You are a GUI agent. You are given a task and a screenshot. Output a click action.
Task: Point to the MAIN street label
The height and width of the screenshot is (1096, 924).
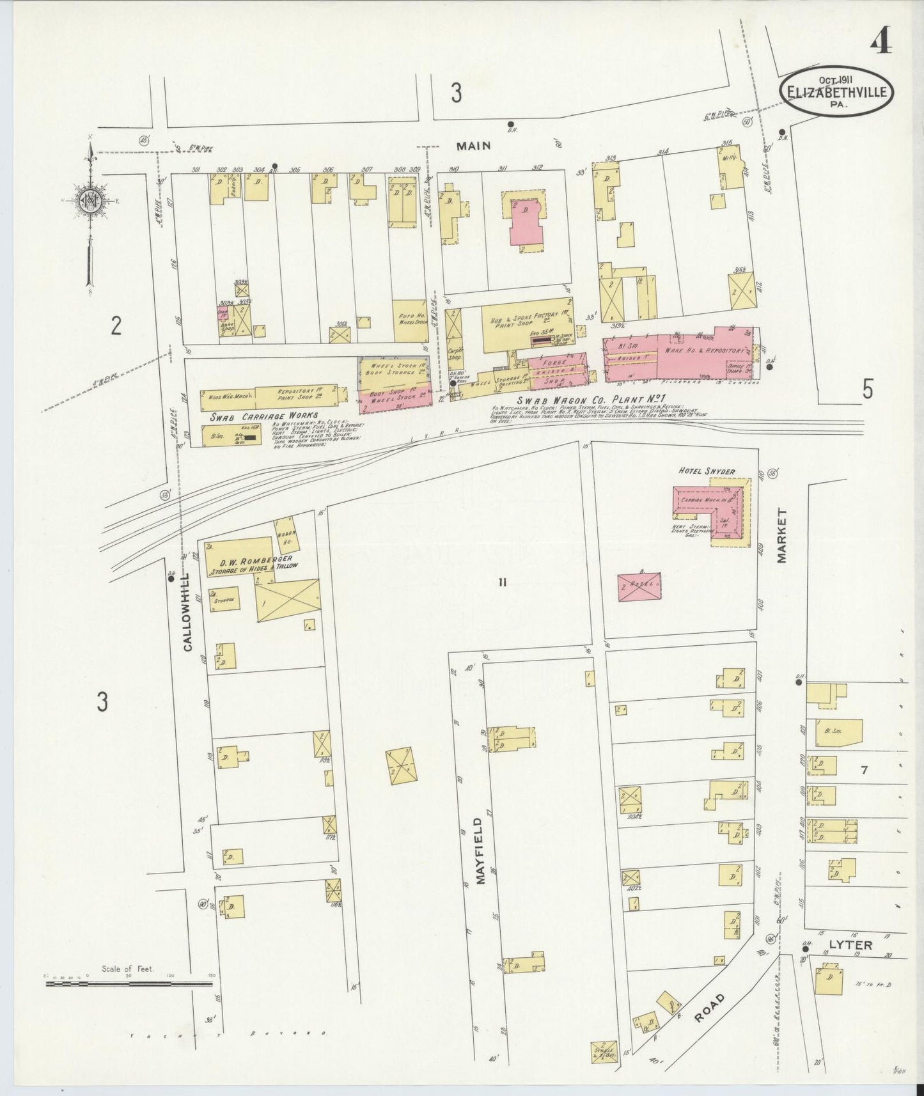coord(474,146)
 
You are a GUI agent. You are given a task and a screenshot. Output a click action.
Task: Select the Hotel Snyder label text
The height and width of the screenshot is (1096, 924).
coord(707,471)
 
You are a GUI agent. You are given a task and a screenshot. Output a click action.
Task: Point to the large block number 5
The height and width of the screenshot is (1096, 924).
coord(867,389)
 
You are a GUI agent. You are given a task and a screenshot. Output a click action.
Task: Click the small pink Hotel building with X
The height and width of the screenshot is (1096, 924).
coord(639,585)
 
